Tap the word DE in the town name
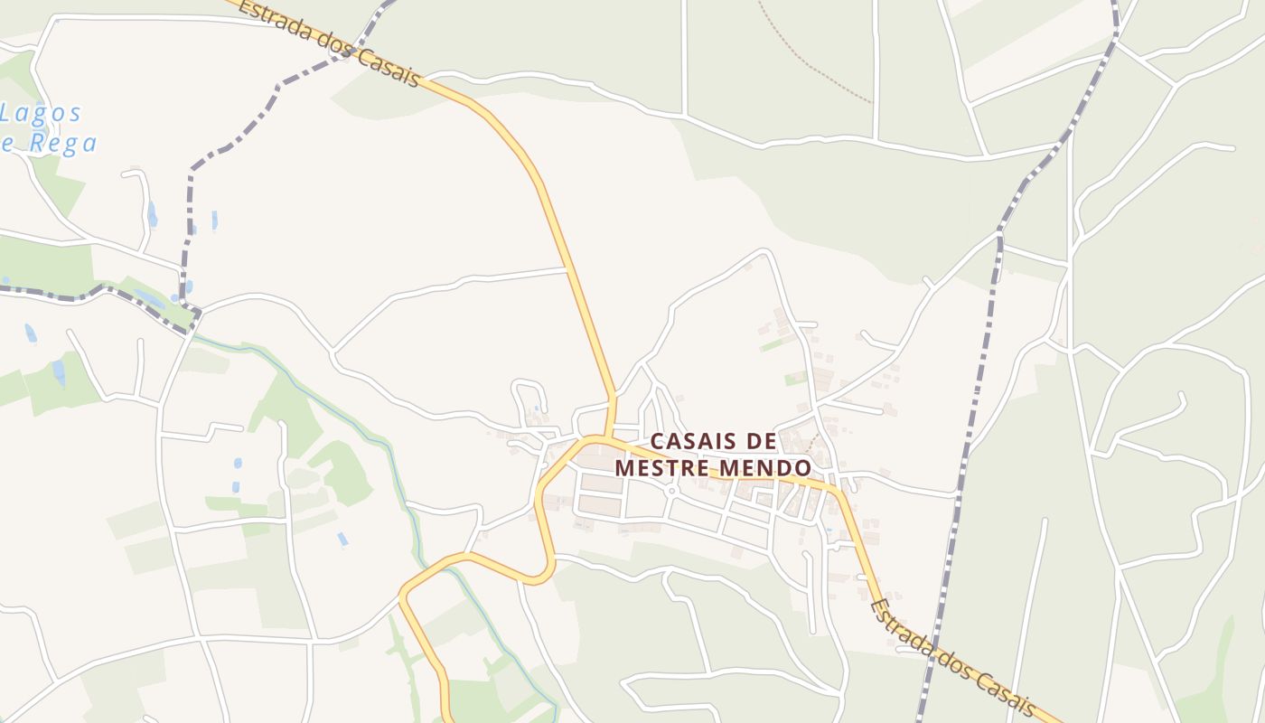[x=763, y=441]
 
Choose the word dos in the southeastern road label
[x=960, y=665]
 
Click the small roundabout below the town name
[x=672, y=492]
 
